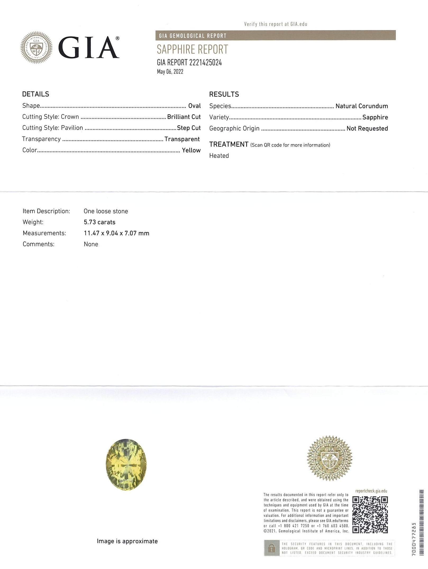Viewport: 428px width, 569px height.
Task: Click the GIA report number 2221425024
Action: pyautogui.click(x=189, y=63)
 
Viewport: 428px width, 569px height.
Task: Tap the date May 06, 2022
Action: pyautogui.click(x=170, y=72)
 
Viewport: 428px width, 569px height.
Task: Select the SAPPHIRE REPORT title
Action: pyautogui.click(x=192, y=49)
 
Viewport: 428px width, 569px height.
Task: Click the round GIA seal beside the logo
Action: pyautogui.click(x=36, y=48)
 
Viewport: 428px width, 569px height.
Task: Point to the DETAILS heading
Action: pyautogui.click(x=36, y=94)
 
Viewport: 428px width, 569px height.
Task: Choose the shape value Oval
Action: pyautogui.click(x=194, y=106)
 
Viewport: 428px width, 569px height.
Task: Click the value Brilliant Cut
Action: pyautogui.click(x=184, y=117)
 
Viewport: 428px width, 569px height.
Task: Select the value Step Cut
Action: pyautogui.click(x=189, y=128)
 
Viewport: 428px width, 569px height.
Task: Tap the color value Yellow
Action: pyautogui.click(x=191, y=150)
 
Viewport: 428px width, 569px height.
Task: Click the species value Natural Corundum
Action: pyautogui.click(x=362, y=106)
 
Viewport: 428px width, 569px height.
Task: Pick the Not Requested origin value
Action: pyautogui.click(x=367, y=129)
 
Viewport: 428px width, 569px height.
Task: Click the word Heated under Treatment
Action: pyautogui.click(x=219, y=156)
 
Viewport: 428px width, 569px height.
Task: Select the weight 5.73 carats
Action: pyautogui.click(x=99, y=222)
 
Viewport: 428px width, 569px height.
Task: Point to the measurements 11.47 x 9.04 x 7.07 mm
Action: pyautogui.click(x=116, y=233)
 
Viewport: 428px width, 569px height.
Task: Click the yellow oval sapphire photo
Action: pyautogui.click(x=126, y=464)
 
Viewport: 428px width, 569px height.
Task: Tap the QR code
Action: pyautogui.click(x=370, y=515)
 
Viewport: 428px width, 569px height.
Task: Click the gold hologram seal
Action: pyautogui.click(x=329, y=458)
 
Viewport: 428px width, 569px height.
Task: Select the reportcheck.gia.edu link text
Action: pyautogui.click(x=371, y=491)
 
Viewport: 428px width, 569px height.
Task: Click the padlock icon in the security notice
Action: pyautogui.click(x=271, y=548)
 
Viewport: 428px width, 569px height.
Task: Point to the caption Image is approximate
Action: pyautogui.click(x=127, y=541)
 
